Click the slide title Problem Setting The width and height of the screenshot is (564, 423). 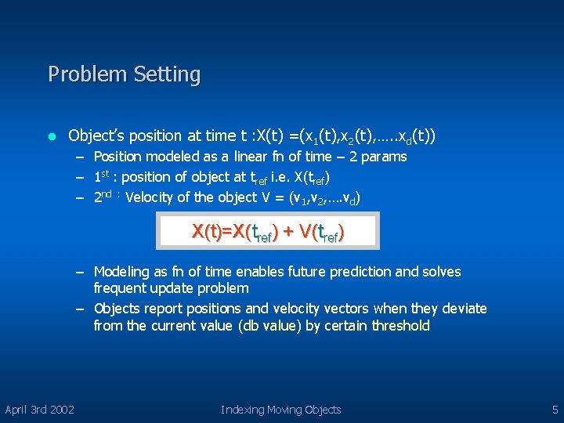(x=124, y=74)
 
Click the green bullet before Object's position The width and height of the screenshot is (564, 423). (x=52, y=136)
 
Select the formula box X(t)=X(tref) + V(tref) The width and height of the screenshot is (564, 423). (x=268, y=232)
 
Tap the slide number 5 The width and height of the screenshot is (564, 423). (x=554, y=410)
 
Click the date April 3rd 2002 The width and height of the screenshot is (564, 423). (x=40, y=410)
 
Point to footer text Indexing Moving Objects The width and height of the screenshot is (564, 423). (x=280, y=410)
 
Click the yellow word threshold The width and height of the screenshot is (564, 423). (x=400, y=326)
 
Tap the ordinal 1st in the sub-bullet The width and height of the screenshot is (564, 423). (x=101, y=176)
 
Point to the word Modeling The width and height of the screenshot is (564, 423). (x=121, y=272)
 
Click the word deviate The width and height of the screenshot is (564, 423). (x=463, y=309)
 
